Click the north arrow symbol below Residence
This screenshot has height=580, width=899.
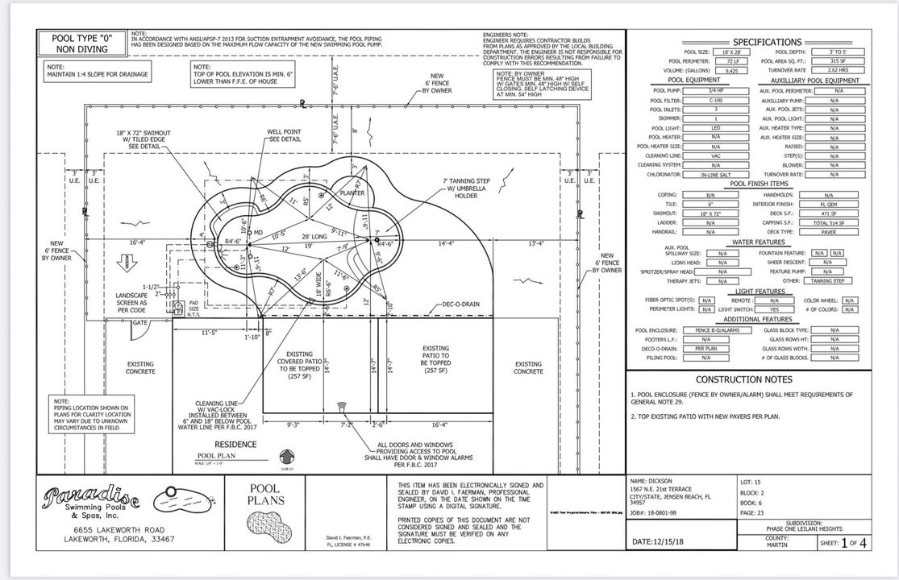coord(285,455)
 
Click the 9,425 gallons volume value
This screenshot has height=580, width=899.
coord(710,70)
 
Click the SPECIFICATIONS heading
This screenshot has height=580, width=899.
coord(767,42)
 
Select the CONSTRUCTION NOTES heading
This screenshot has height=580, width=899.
coord(743,379)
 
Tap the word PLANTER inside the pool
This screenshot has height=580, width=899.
coord(352,193)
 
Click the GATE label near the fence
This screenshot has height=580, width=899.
coord(140,322)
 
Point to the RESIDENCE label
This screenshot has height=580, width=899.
coord(235,444)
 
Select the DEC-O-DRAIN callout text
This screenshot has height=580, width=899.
coord(461,304)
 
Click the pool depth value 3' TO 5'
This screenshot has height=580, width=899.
coord(834,52)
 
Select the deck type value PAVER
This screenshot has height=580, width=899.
coord(828,231)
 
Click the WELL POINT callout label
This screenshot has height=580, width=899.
coord(284,135)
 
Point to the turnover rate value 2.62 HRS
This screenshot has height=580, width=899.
coord(834,70)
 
